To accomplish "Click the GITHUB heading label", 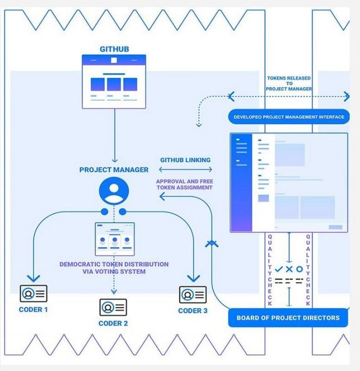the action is pyautogui.click(x=114, y=49).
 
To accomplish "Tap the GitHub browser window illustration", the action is pyautogui.click(x=114, y=82).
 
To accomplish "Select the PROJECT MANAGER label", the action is pyautogui.click(x=114, y=170).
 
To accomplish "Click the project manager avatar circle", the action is pyautogui.click(x=114, y=191).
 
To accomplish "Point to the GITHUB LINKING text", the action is pyautogui.click(x=186, y=160).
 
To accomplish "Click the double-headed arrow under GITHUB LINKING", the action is pyautogui.click(x=186, y=169).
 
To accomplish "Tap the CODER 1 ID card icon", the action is pyautogui.click(x=34, y=293).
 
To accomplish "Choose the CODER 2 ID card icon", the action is pyautogui.click(x=113, y=307).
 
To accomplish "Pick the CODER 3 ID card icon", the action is pyautogui.click(x=193, y=295).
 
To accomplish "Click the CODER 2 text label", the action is pyautogui.click(x=113, y=323).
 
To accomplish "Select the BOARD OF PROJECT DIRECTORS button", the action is pyautogui.click(x=288, y=318).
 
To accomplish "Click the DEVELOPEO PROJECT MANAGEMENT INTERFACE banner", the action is pyautogui.click(x=289, y=117).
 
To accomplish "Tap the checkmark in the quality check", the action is pyautogui.click(x=279, y=269).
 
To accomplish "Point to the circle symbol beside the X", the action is pyautogui.click(x=300, y=269).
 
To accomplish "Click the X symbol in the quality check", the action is pyautogui.click(x=289, y=269).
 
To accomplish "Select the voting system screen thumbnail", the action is pyautogui.click(x=115, y=239).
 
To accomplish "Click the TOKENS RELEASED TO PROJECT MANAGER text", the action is pyautogui.click(x=289, y=84).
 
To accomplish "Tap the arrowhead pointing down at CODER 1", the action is pyautogui.click(x=33, y=278).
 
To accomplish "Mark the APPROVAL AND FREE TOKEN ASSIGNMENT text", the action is pyautogui.click(x=184, y=184).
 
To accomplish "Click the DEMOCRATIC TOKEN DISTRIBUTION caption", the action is pyautogui.click(x=114, y=268).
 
